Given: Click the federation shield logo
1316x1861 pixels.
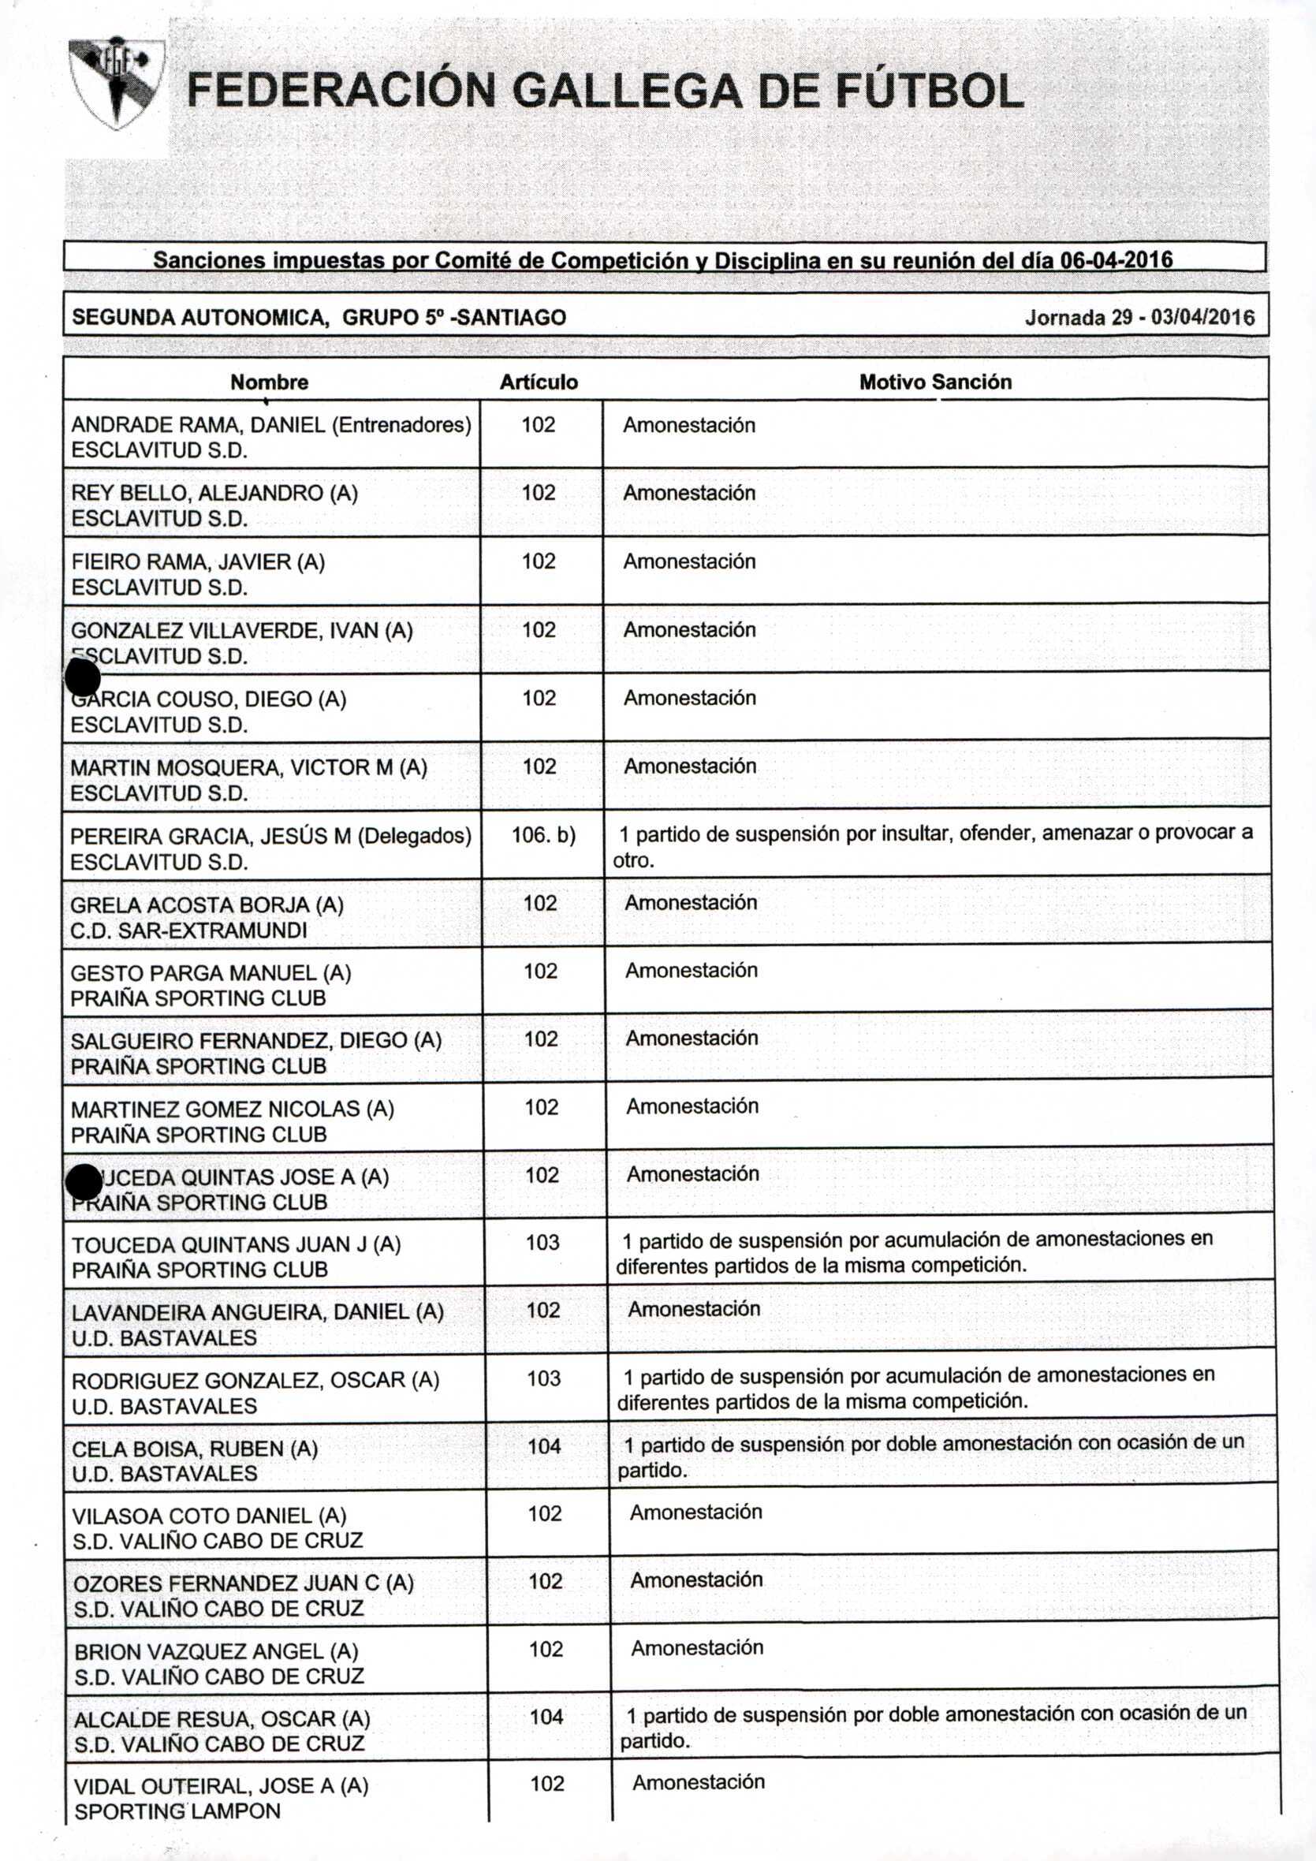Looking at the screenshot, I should coord(115,82).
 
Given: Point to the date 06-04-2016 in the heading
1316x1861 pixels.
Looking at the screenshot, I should coord(1116,260).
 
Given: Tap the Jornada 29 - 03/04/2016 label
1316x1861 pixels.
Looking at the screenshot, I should coord(1139,317).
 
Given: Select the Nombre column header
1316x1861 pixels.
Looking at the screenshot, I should coord(269,382).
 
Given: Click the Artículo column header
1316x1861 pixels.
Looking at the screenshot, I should coord(539,382).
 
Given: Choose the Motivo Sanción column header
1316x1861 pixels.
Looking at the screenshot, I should coord(935,382).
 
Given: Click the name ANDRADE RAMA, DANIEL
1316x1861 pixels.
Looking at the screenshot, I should coord(199,425).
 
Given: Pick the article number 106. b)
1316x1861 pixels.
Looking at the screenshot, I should coord(543,835).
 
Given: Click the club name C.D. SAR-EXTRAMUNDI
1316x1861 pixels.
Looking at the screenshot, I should coord(188,930).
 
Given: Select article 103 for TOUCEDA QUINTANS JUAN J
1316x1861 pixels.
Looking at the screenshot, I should coord(542,1243).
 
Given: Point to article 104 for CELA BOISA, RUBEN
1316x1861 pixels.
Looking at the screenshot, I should coord(544,1446).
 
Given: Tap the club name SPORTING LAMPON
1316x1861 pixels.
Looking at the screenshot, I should coord(177,1811).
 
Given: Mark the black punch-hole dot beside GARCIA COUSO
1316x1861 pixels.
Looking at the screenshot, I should coord(83,677).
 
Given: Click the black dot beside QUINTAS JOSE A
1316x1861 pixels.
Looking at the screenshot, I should coord(84,1182).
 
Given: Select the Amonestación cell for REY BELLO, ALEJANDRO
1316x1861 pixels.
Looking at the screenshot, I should coord(689,493).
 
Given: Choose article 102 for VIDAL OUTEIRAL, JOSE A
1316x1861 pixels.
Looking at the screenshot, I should coord(547,1783).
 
